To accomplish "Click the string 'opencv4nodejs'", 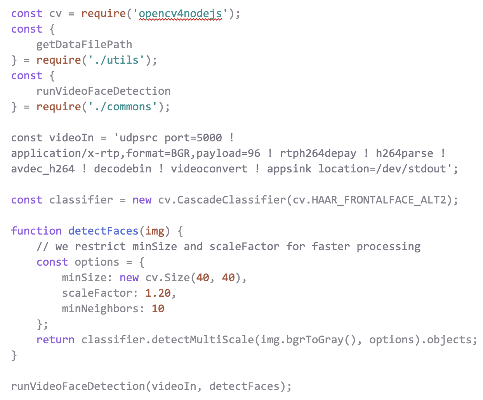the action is [x=181, y=14].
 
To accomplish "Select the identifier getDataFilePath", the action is [x=84, y=45].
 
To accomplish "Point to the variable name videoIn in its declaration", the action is [x=71, y=138].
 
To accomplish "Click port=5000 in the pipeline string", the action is [x=193, y=138].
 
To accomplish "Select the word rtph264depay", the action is [x=318, y=153].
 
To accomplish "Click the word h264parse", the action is [x=404, y=153].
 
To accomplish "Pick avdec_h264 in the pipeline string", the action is [x=43, y=169].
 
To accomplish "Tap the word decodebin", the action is [x=123, y=169].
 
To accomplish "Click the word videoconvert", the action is [x=209, y=169].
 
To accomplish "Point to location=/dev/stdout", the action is [x=382, y=169].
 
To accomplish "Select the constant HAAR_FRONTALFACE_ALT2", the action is [x=379, y=200].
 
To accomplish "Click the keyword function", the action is [x=36, y=231].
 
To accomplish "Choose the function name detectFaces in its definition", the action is [x=103, y=231].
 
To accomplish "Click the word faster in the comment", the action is [x=331, y=247].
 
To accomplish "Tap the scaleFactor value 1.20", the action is [x=158, y=293].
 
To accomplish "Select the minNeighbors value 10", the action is [x=158, y=309].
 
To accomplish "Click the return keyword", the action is [x=56, y=340].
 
